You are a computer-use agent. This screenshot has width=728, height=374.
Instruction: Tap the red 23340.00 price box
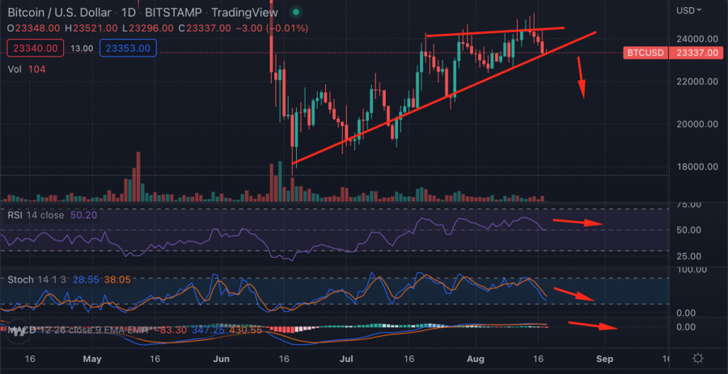tap(33, 48)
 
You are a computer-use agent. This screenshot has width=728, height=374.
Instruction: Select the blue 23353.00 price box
tap(127, 48)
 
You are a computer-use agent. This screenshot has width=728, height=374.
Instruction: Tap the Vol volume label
tap(15, 69)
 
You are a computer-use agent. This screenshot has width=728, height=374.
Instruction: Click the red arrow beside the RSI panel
tap(577, 222)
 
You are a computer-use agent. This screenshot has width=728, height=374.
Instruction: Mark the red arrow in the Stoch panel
tap(575, 295)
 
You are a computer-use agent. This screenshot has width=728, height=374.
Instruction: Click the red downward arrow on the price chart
tap(581, 79)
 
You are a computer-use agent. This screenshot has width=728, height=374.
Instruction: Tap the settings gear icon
tap(697, 358)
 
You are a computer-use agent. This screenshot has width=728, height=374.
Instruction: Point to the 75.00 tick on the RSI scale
tap(688, 205)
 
